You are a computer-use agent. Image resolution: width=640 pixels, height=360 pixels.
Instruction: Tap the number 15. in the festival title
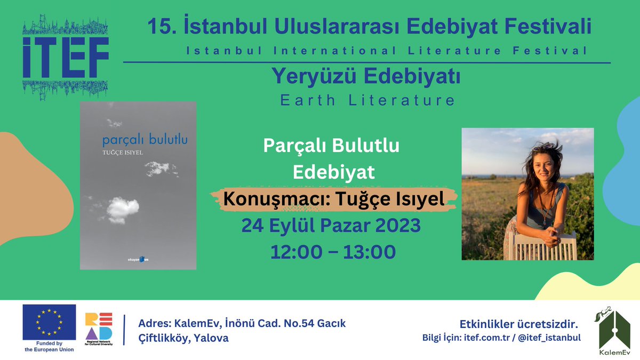(x=158, y=26)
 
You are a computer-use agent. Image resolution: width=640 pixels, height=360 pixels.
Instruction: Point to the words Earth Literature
(x=367, y=100)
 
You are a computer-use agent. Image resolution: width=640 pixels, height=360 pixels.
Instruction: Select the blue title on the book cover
(x=145, y=141)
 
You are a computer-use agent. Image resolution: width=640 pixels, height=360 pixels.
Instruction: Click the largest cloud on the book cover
(x=123, y=209)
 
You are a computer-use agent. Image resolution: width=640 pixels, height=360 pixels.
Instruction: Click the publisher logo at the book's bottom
(x=139, y=259)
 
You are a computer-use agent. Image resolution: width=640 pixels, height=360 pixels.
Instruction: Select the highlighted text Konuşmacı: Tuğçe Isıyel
(x=334, y=199)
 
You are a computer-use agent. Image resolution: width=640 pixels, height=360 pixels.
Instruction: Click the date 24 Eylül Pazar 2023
(x=331, y=226)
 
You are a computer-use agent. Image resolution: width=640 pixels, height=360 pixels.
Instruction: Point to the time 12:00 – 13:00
(x=332, y=251)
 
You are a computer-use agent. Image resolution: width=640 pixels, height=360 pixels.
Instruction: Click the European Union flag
(x=49, y=322)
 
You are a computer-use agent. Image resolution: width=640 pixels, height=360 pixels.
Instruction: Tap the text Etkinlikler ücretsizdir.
(x=519, y=324)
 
